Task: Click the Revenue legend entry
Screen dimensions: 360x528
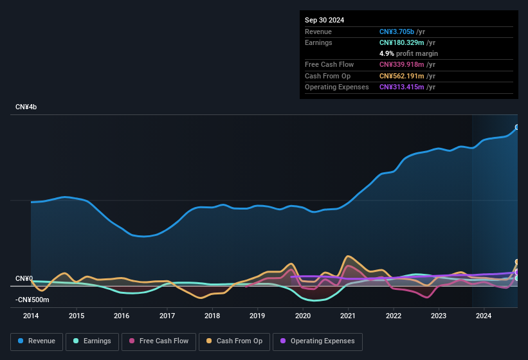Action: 36,341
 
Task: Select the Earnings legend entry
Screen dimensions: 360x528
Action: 91,341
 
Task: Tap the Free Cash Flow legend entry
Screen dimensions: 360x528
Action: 159,341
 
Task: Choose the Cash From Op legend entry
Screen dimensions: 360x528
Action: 234,341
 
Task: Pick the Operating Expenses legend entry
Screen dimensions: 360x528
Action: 318,341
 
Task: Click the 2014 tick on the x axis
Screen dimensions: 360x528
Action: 31,316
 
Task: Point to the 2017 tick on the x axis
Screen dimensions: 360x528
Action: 167,316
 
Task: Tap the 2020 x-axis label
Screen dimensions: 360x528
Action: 303,316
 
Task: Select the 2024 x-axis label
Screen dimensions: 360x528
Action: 484,316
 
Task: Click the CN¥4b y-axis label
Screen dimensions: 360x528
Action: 26,107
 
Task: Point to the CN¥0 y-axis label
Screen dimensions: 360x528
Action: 24,278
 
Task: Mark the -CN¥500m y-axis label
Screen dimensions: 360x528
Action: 32,300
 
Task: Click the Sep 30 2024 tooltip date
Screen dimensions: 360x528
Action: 324,20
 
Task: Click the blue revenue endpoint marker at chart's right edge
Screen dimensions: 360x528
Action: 517,127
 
